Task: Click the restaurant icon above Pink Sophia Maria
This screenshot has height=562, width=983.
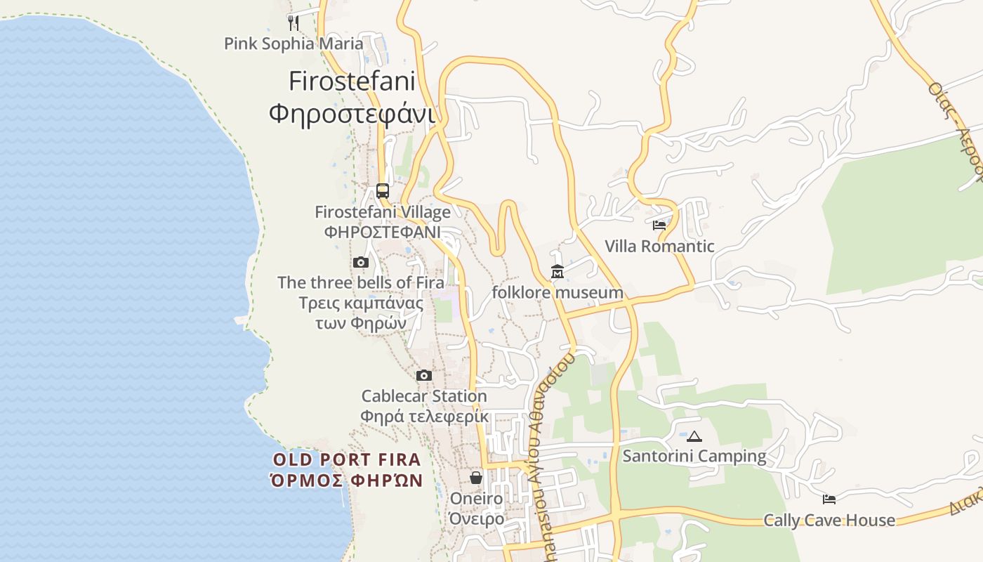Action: point(293,22)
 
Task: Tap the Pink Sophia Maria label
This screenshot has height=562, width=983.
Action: point(293,44)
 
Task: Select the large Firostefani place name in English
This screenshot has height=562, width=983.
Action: point(352,81)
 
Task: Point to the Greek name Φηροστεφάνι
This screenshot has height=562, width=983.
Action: point(352,113)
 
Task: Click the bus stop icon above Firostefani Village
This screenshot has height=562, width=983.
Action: point(383,190)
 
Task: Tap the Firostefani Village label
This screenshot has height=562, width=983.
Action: point(383,211)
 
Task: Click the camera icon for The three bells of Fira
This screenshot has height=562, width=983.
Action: point(361,262)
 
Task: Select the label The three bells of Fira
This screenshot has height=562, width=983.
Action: point(361,282)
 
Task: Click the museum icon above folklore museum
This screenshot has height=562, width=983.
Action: point(558,272)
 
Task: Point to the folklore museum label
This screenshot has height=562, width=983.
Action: point(558,292)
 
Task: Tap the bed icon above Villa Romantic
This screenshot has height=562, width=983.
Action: point(659,226)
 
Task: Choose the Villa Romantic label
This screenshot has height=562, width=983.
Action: point(659,246)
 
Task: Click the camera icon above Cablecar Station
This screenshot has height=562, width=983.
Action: point(424,375)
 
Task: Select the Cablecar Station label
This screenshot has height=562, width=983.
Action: point(424,396)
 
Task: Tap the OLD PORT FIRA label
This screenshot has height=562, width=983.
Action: point(347,460)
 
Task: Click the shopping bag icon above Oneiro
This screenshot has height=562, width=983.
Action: point(476,478)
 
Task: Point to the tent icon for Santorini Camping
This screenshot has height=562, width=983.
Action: point(694,436)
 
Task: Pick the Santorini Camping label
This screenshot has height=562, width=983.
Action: point(694,456)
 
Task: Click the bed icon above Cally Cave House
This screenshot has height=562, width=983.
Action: point(829,499)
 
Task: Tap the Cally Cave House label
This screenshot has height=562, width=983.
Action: point(829,520)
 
